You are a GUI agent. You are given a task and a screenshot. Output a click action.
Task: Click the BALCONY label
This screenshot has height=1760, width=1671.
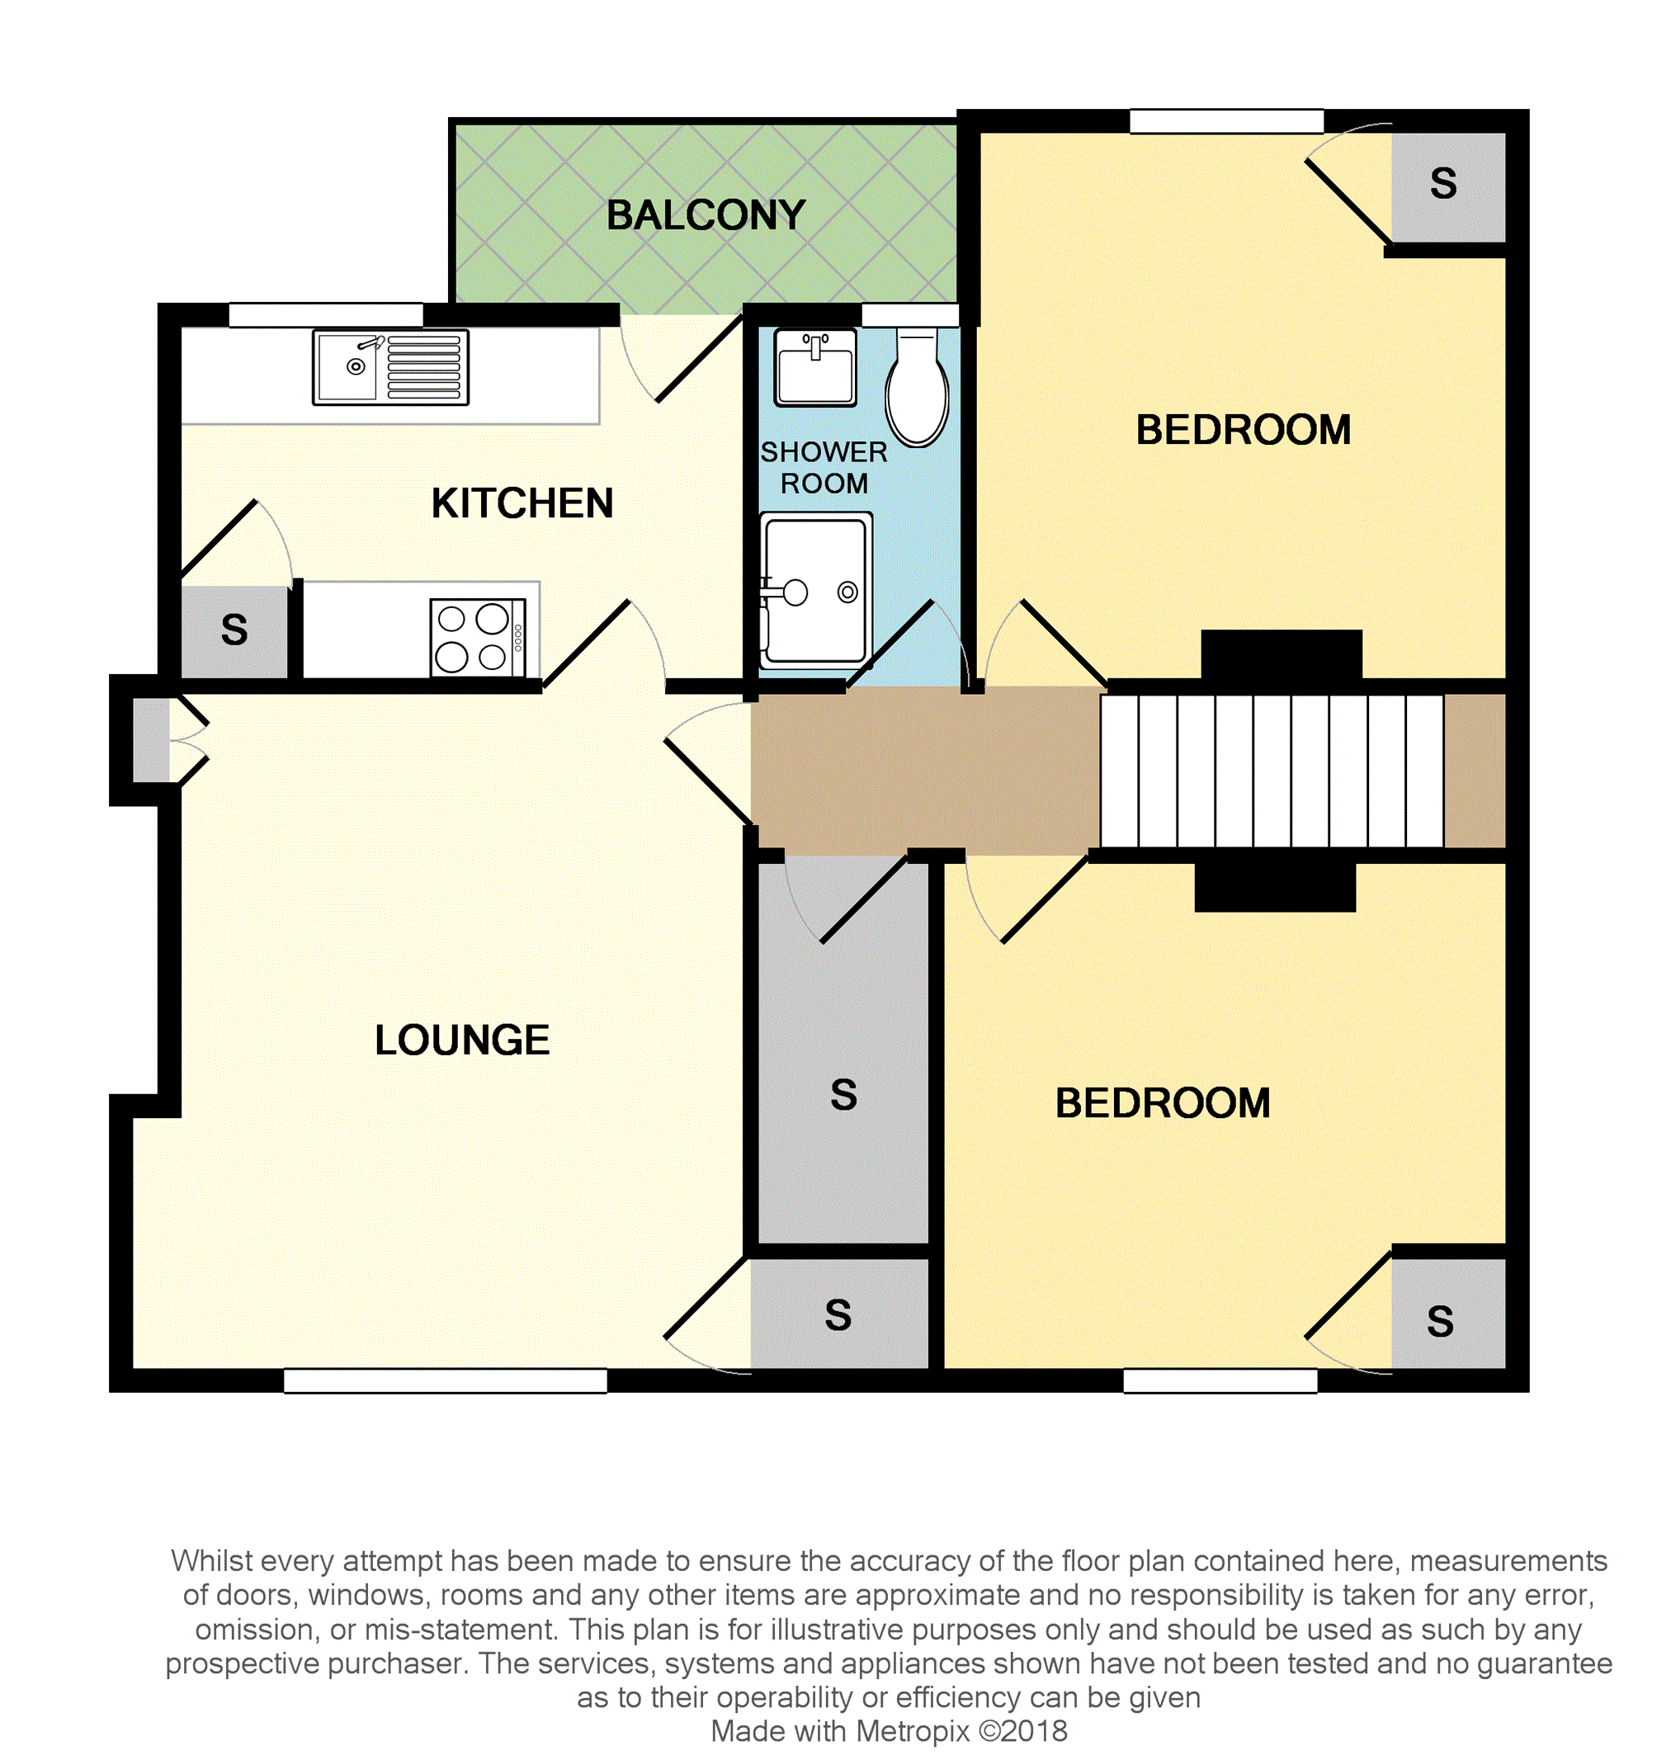(x=706, y=215)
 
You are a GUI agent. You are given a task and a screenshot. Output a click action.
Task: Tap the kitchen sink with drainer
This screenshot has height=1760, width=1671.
(x=390, y=367)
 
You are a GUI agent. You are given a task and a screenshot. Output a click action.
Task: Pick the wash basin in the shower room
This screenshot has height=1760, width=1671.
(x=814, y=367)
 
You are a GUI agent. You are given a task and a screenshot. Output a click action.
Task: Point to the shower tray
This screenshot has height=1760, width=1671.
(x=815, y=592)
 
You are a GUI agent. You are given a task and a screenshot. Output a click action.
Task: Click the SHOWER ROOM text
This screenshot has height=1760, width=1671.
(x=823, y=468)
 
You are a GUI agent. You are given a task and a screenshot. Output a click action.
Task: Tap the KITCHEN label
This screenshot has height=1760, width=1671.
(x=522, y=504)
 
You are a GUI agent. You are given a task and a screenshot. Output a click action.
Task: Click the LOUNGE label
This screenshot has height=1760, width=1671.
(x=461, y=1040)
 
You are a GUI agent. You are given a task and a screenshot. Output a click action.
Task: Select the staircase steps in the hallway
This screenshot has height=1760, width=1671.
(x=1271, y=771)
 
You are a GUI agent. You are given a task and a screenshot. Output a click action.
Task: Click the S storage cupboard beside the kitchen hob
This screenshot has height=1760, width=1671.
(x=234, y=631)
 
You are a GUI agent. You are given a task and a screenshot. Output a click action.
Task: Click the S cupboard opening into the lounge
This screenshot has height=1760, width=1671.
(x=838, y=1314)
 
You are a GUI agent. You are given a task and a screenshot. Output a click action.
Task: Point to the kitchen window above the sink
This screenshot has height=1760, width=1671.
(x=325, y=315)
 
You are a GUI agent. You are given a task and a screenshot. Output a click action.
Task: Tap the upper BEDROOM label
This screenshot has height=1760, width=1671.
(x=1243, y=431)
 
